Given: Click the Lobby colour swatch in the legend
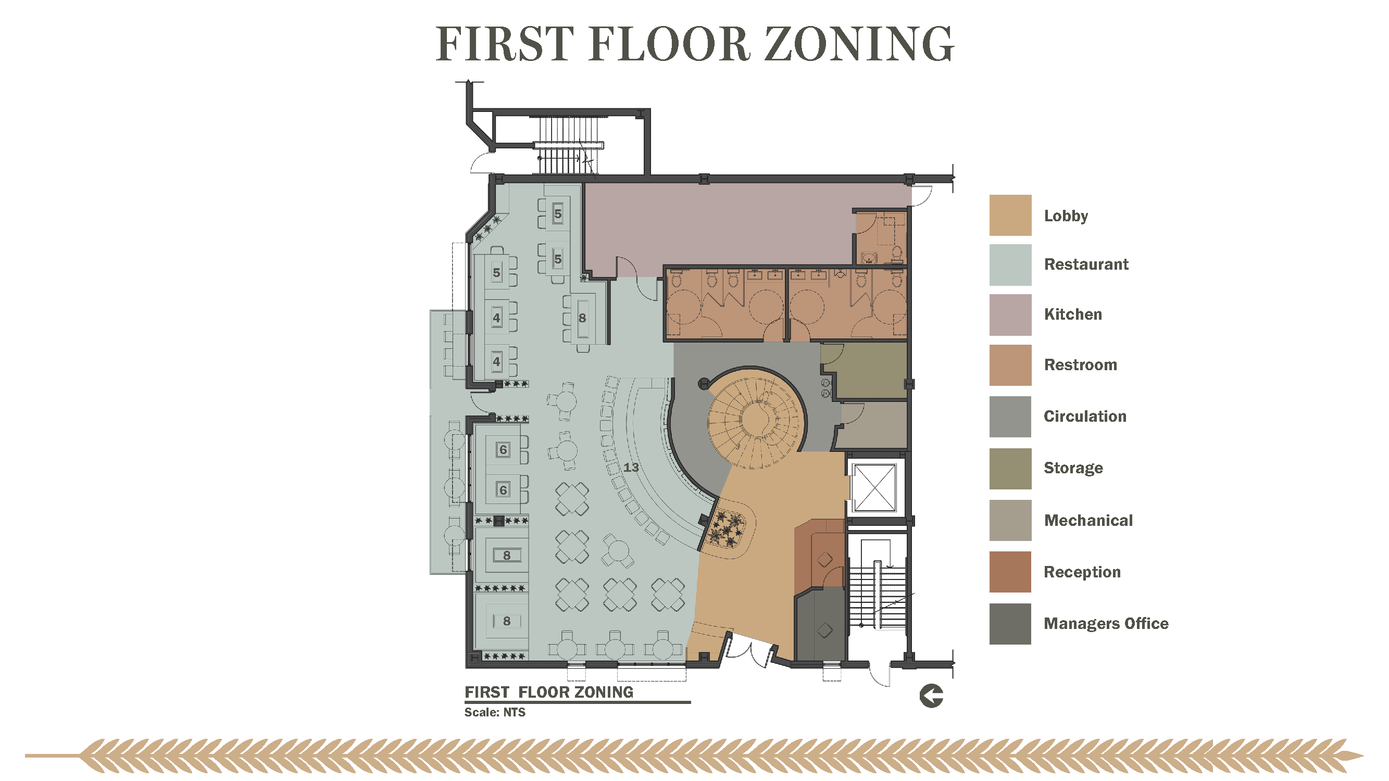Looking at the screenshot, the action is (1010, 215).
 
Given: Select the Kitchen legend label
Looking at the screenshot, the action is (1072, 314).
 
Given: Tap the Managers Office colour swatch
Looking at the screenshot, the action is (1010, 624).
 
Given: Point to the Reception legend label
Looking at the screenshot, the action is (1082, 572).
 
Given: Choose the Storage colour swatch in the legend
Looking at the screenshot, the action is (1010, 469).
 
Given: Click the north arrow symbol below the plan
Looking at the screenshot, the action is (931, 695).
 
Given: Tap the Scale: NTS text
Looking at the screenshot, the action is (494, 712).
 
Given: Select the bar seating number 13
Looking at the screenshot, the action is (631, 468).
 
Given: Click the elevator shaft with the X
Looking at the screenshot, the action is (874, 487).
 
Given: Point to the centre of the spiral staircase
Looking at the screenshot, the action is (757, 418).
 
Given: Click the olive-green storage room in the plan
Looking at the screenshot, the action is (865, 371).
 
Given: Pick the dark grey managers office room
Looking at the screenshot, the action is (820, 625).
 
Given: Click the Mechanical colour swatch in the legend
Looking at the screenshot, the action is (1010, 520).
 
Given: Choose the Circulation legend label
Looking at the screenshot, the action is (1085, 416).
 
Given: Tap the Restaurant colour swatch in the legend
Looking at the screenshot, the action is (1010, 264).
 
